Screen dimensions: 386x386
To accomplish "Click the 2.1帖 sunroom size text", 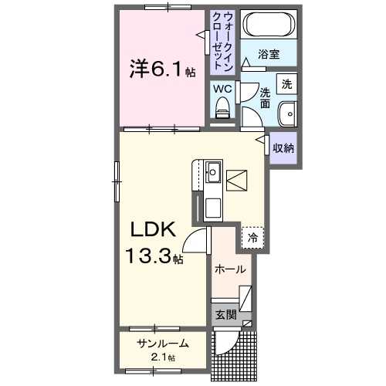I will [x=162, y=357].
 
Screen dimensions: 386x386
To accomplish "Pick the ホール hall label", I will [x=231, y=269].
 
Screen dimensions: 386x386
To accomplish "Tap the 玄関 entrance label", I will [x=225, y=314].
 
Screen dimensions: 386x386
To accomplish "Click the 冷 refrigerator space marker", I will [x=252, y=239].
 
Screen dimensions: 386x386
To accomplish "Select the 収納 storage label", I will [x=283, y=147].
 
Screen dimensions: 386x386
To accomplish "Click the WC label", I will [x=222, y=89].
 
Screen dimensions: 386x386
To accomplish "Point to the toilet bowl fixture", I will [x=223, y=113].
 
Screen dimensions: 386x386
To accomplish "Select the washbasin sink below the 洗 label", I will [x=287, y=113].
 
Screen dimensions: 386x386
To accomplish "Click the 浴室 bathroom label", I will [x=269, y=55].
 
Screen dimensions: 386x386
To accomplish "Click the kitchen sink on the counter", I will [x=212, y=171].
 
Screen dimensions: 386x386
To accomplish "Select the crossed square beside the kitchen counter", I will [x=237, y=182].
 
